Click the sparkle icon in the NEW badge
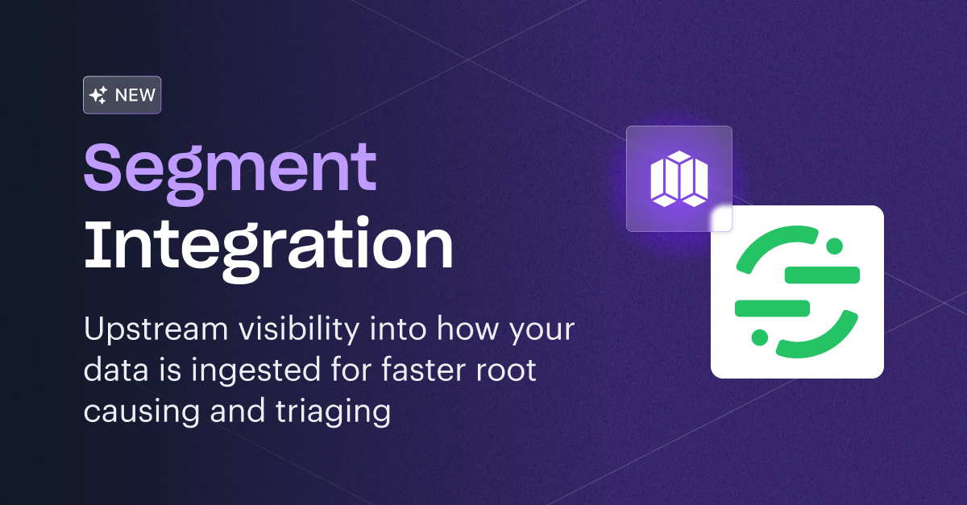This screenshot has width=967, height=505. [x=98, y=96]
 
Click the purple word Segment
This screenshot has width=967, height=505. [x=230, y=168]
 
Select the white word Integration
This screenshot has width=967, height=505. [x=268, y=241]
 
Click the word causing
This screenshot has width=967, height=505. [x=139, y=412]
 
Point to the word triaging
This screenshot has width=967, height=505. [x=341, y=412]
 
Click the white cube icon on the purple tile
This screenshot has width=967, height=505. [x=679, y=179]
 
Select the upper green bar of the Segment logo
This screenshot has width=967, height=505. [x=822, y=275]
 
